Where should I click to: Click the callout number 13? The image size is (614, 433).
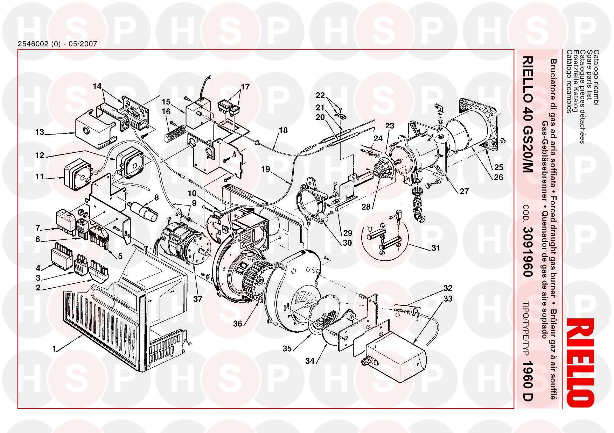40,132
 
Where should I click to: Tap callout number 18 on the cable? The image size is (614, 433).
283,130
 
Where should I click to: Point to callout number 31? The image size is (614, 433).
435,248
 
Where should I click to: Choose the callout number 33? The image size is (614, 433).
448,299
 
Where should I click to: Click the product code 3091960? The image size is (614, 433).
528,252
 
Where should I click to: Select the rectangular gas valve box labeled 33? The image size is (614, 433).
396,353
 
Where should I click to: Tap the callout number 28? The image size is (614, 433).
366,207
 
